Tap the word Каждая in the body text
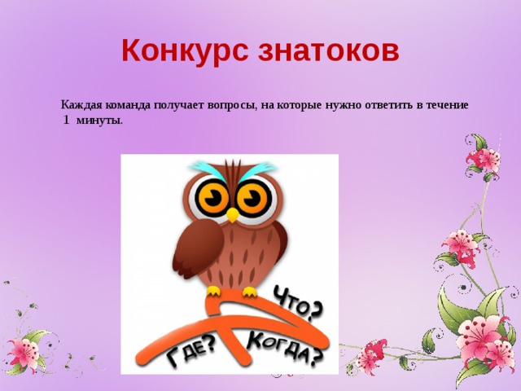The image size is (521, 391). click(80, 105)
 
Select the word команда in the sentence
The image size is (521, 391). click(125, 105)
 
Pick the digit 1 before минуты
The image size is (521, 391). click(66, 120)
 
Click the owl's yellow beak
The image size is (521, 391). click(233, 215)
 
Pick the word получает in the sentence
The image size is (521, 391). click(177, 105)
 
